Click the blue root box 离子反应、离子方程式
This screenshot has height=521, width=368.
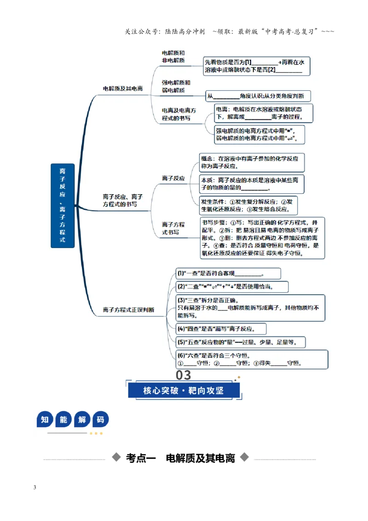[x=63, y=206]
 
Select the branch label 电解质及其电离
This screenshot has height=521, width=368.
[x=122, y=88]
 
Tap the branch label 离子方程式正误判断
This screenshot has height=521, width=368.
[x=128, y=310]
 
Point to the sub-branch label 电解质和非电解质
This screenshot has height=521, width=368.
[x=173, y=57]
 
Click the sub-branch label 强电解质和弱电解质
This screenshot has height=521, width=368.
[x=176, y=87]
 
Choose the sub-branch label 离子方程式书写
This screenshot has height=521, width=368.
[x=172, y=228]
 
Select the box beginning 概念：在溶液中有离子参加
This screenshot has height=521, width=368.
[x=252, y=162]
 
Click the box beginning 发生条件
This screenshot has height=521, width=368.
[x=248, y=205]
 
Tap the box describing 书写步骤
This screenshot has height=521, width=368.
[x=262, y=238]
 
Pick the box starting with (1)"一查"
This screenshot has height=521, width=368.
[x=228, y=273]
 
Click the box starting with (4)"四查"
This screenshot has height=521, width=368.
[x=221, y=329]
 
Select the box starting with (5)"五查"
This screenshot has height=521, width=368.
[x=241, y=342]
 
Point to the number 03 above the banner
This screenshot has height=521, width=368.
[x=184, y=375]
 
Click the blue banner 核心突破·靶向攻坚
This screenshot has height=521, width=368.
[x=184, y=390]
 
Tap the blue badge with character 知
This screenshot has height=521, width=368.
[x=45, y=419]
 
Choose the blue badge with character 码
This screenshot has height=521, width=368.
[x=100, y=419]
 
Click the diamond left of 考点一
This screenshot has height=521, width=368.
[x=116, y=457]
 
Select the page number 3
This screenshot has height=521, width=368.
[x=34, y=487]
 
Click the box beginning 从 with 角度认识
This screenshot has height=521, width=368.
[x=258, y=96]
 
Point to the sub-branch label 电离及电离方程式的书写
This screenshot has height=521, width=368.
[x=178, y=114]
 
